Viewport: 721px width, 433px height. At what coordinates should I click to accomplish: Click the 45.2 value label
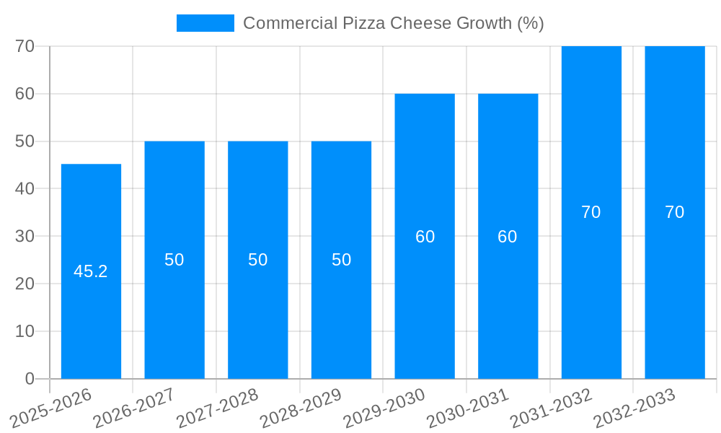91,271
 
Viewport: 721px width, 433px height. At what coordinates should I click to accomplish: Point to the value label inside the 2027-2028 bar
257,260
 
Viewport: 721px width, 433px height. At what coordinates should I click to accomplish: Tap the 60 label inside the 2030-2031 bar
508,237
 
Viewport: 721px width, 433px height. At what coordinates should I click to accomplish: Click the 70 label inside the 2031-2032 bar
590,212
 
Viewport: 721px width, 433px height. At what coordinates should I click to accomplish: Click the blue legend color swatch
205,23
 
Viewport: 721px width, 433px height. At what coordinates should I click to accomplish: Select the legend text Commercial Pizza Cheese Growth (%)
393,23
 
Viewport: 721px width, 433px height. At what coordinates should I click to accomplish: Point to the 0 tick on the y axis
30,378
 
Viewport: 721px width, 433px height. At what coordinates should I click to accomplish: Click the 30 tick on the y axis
25,236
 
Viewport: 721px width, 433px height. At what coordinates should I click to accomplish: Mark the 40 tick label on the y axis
25,188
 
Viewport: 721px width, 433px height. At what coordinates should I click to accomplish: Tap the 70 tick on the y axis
25,46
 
